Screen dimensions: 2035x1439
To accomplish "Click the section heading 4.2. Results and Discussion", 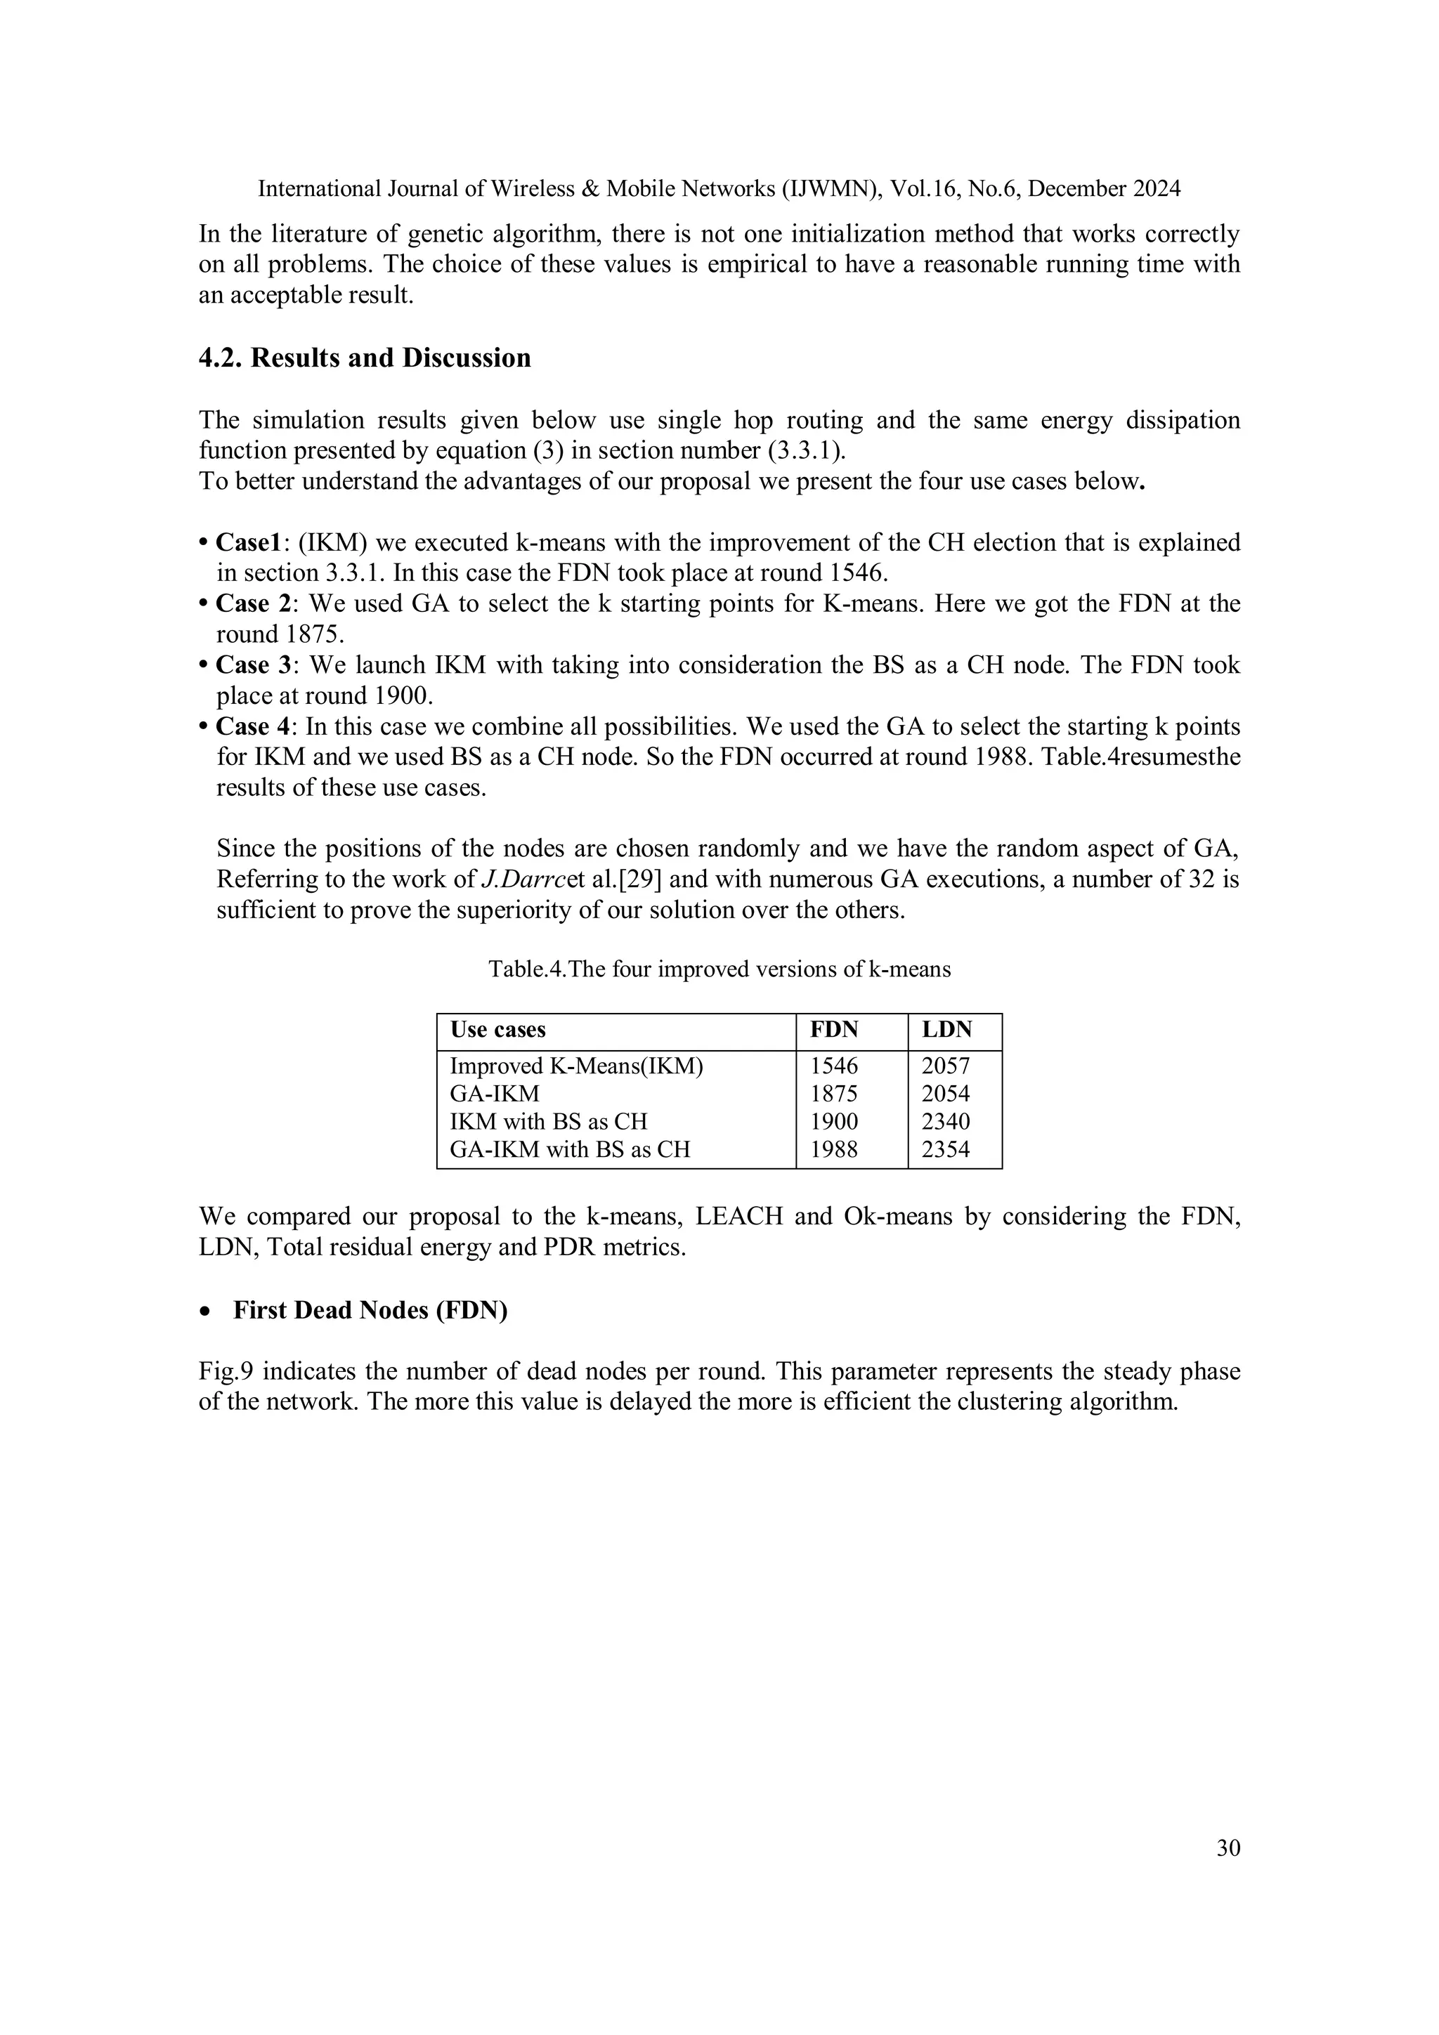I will pos(365,358).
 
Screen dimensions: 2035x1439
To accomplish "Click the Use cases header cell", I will pos(497,1030).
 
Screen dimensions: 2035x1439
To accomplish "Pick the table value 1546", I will pos(833,1066).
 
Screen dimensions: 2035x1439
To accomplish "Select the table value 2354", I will pos(945,1151).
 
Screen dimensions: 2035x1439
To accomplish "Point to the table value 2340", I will pos(945,1122).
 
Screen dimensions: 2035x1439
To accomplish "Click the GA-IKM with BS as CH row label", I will pos(569,1151).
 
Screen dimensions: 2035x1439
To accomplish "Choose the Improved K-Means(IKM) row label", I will pos(576,1066).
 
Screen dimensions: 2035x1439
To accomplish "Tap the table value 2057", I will pos(945,1066).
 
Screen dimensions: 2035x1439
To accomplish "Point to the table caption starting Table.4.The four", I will pos(719,969).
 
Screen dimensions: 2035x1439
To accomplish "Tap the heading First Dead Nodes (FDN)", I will pos(370,1311).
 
